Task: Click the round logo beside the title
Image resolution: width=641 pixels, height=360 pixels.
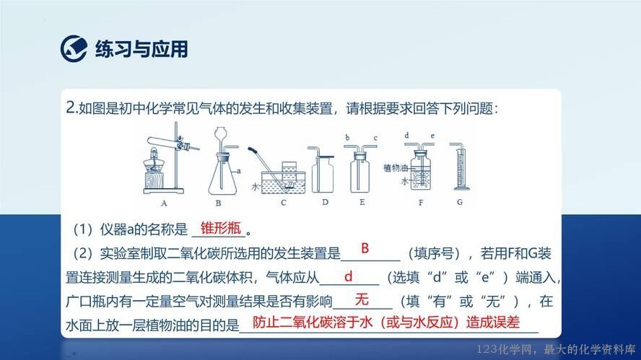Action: [74, 48]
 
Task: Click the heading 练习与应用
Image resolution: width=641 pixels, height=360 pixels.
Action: [141, 49]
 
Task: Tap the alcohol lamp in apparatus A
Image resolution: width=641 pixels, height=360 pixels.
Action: [153, 162]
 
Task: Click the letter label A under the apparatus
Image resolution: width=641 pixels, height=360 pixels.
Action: [164, 203]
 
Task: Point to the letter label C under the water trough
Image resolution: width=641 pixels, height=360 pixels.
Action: [283, 202]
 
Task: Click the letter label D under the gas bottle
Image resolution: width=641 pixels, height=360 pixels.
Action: [325, 202]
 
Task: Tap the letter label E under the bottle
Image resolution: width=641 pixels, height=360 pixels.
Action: [362, 202]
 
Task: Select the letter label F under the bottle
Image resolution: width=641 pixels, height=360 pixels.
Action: [421, 202]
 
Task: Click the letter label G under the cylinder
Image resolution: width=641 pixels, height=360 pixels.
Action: [460, 202]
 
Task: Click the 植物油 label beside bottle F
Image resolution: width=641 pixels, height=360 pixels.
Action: [396, 167]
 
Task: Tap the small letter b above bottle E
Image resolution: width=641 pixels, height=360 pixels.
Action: [347, 138]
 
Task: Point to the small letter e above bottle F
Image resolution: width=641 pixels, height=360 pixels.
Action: [432, 136]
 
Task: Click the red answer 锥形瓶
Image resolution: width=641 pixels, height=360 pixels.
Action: [221, 228]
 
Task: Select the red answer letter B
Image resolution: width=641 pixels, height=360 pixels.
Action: [365, 248]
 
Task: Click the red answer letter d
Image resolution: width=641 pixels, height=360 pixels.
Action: [349, 276]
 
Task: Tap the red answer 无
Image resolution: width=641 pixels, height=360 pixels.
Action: [362, 299]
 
